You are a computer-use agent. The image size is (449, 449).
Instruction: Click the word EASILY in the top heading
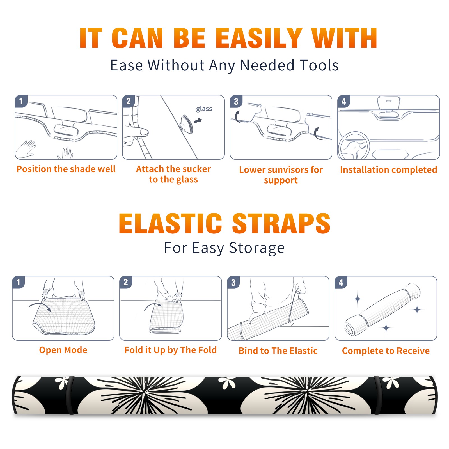[x=259, y=38]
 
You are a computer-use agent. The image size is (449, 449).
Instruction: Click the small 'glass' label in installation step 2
[x=204, y=109]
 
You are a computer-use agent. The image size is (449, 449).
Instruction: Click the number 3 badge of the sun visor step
[x=236, y=101]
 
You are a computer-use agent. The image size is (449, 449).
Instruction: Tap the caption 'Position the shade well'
[x=66, y=169]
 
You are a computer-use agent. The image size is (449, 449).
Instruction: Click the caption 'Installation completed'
[x=388, y=170]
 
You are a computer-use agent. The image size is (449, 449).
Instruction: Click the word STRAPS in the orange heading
[x=281, y=223]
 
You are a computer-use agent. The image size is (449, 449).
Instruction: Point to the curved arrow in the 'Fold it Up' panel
[x=153, y=306]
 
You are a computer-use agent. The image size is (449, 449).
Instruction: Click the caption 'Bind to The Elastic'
[x=278, y=351]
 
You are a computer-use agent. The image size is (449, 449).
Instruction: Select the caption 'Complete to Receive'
[x=386, y=351]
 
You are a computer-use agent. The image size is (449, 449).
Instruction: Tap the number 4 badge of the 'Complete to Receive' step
[x=341, y=282]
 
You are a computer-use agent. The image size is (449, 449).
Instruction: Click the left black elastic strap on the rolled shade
[x=70, y=395]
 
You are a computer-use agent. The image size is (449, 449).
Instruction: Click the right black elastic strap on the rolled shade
[x=377, y=395]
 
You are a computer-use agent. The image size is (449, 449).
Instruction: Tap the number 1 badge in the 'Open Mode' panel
[x=19, y=282]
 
